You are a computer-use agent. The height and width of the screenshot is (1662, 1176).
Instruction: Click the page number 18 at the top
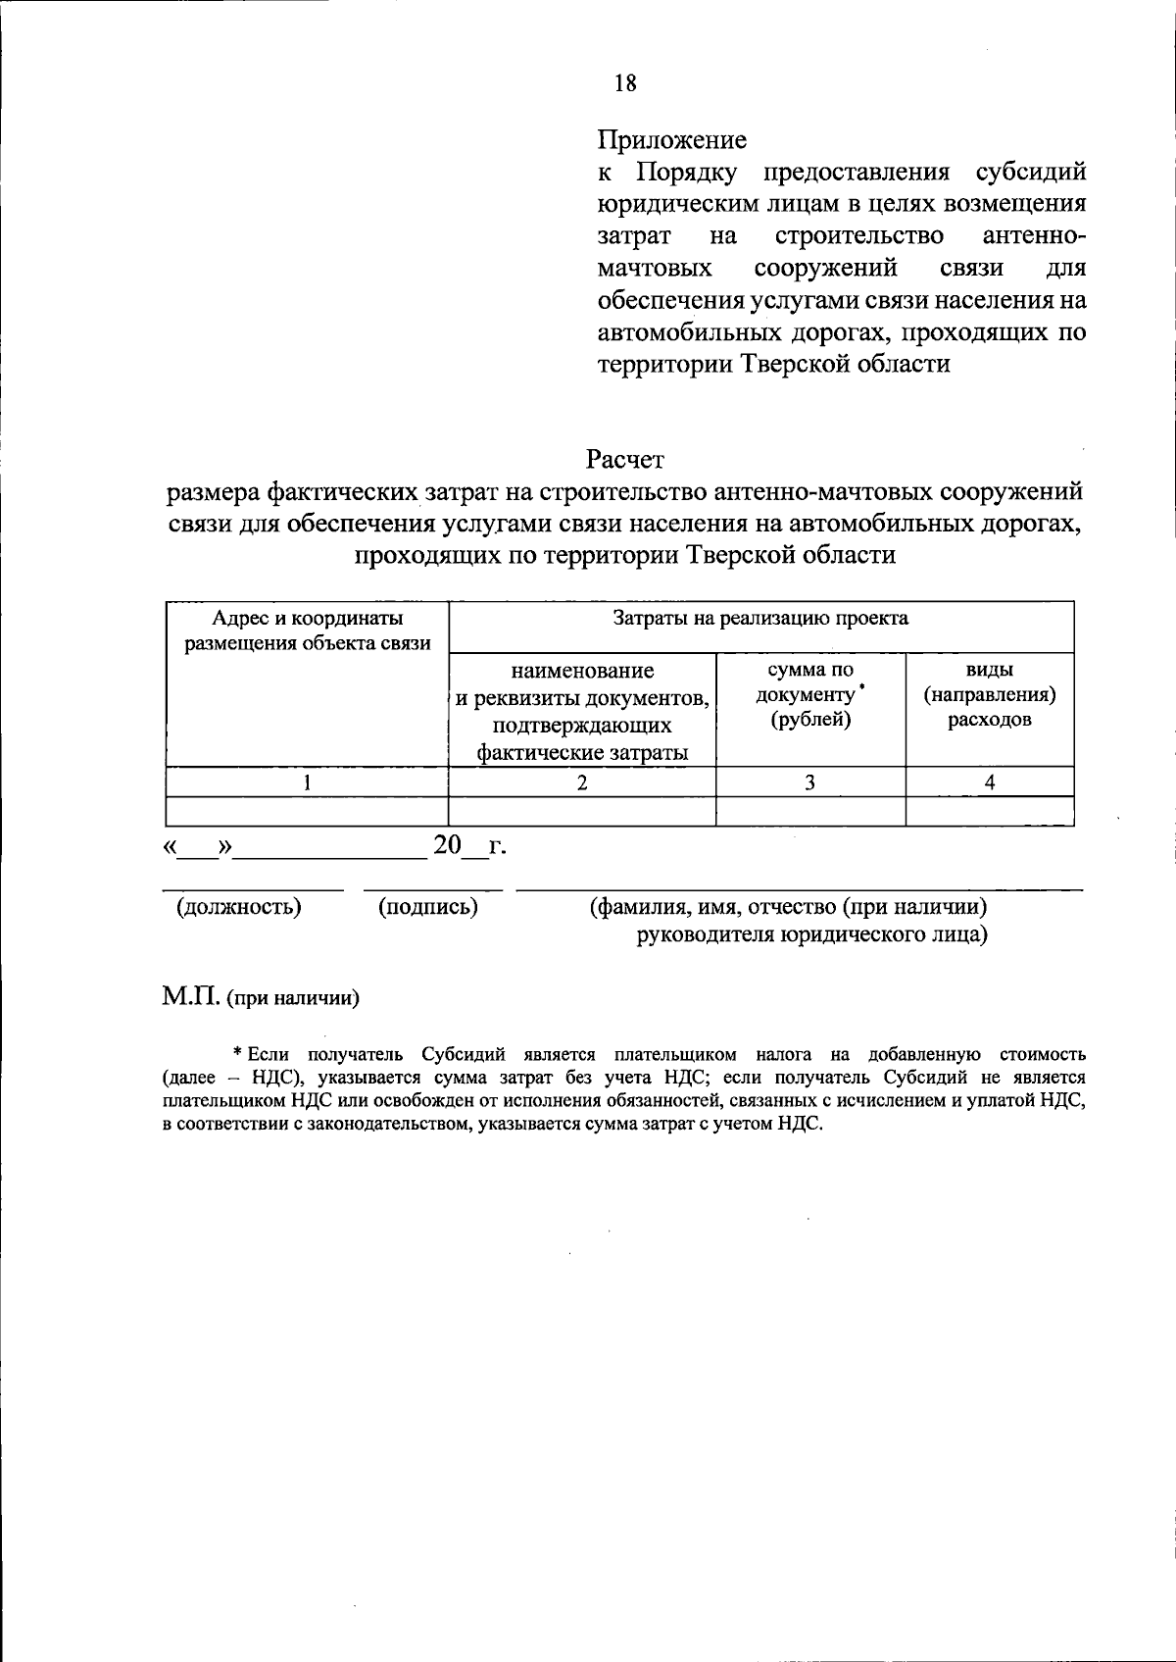point(625,83)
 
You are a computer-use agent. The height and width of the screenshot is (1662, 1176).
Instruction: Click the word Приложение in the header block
point(671,140)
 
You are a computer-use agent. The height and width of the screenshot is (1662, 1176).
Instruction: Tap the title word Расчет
point(624,458)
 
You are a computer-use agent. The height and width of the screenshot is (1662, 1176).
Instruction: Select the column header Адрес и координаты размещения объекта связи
point(308,630)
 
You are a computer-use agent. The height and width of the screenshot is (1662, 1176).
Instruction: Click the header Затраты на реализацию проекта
point(760,618)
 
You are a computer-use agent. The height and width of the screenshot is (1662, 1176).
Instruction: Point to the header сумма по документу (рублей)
point(810,695)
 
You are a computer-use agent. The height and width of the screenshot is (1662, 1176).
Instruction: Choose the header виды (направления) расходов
point(989,695)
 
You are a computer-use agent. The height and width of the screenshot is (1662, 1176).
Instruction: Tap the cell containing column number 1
point(307,781)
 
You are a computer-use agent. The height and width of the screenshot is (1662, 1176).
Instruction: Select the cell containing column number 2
point(582,781)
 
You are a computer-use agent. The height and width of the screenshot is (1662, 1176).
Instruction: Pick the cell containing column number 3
point(809,781)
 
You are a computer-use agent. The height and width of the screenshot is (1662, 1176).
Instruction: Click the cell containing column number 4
point(990,781)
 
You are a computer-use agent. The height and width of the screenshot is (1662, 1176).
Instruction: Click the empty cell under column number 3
point(809,812)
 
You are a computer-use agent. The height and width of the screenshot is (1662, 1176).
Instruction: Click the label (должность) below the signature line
point(238,907)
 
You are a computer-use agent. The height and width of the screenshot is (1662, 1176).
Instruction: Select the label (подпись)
point(428,907)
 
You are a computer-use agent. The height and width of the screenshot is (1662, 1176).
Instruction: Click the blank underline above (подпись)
point(432,889)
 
